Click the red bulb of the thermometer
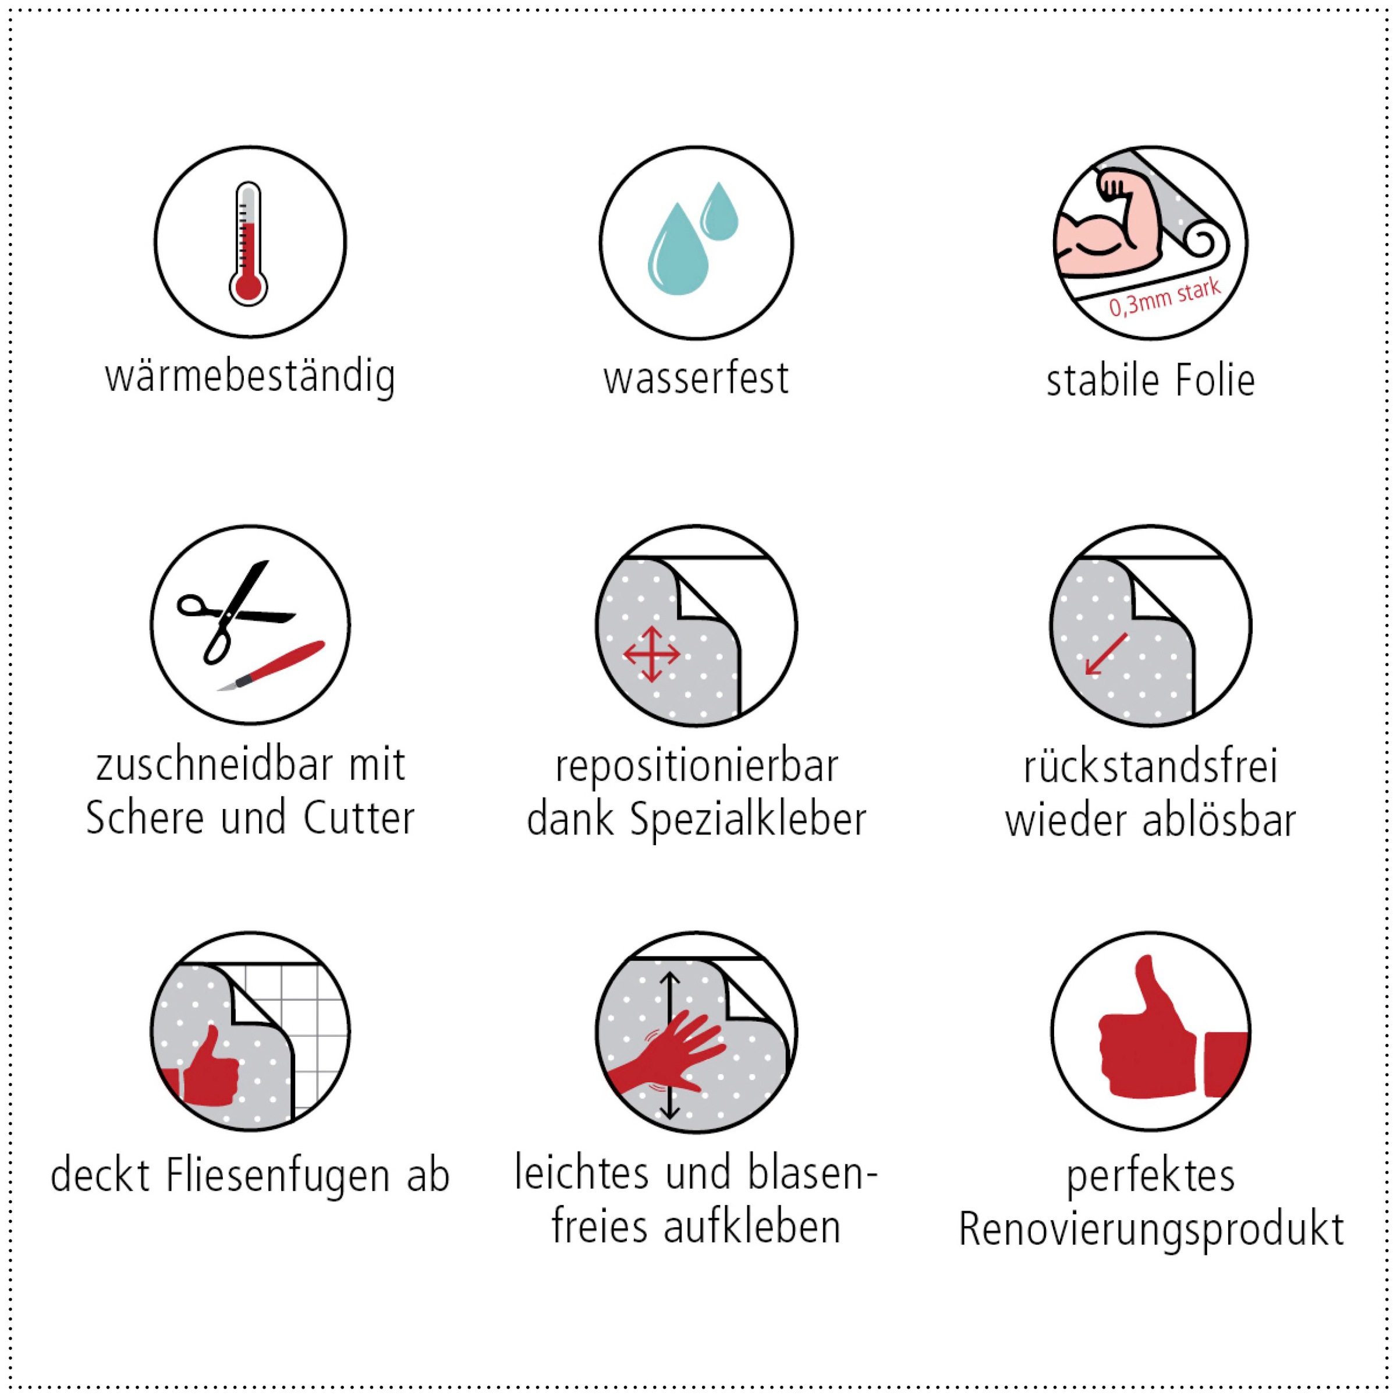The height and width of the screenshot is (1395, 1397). click(x=248, y=287)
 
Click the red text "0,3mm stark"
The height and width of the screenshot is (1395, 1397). click(x=1165, y=296)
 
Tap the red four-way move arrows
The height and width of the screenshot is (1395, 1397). click(x=651, y=654)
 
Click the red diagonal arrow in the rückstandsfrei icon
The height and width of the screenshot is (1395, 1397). click(x=1107, y=654)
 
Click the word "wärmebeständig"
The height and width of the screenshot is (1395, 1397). click(x=250, y=377)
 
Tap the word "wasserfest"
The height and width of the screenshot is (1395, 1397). click(x=696, y=379)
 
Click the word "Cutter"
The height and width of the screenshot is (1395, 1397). click(x=359, y=818)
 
